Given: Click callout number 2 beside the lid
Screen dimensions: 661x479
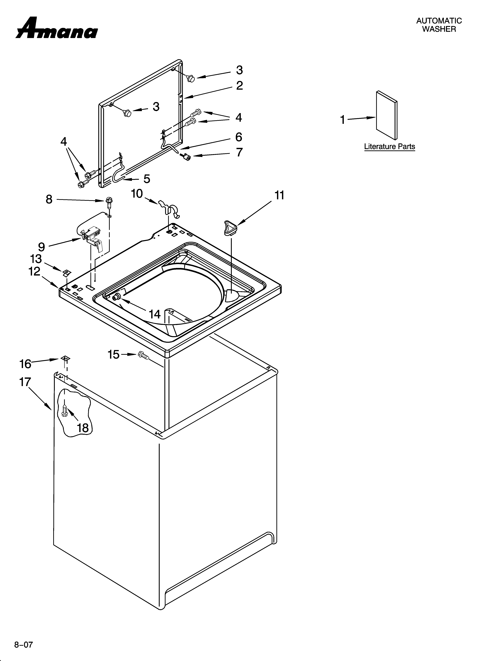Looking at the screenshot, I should [x=239, y=85].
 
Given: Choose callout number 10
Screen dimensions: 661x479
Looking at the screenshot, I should [x=137, y=193].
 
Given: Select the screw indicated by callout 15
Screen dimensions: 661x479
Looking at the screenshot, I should [x=143, y=355].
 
